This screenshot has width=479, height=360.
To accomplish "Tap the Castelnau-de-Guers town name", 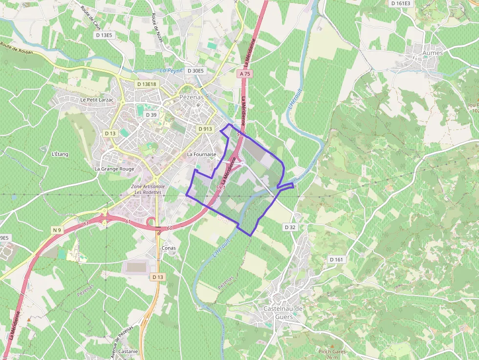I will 283,313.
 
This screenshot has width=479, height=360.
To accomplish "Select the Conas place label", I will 168,248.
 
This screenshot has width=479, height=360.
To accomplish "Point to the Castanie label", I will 128,351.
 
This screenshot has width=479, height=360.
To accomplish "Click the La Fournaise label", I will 201,154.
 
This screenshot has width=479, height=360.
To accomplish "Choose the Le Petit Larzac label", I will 97,100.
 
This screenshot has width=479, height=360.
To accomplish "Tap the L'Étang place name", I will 60,154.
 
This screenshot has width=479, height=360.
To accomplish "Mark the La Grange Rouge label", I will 114,169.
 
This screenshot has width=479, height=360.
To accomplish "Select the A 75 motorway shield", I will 245,74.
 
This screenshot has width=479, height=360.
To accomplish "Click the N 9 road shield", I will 57,230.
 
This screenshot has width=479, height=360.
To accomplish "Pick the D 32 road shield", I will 290,227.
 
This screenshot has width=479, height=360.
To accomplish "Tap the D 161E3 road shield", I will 401,3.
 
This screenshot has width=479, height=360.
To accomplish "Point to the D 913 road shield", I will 206,129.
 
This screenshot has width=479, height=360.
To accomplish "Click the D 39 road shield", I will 151,115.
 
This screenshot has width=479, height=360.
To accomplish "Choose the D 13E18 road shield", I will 147,84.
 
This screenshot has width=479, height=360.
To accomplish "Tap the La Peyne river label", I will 171,71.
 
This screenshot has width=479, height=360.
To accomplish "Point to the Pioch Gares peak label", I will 332,352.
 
